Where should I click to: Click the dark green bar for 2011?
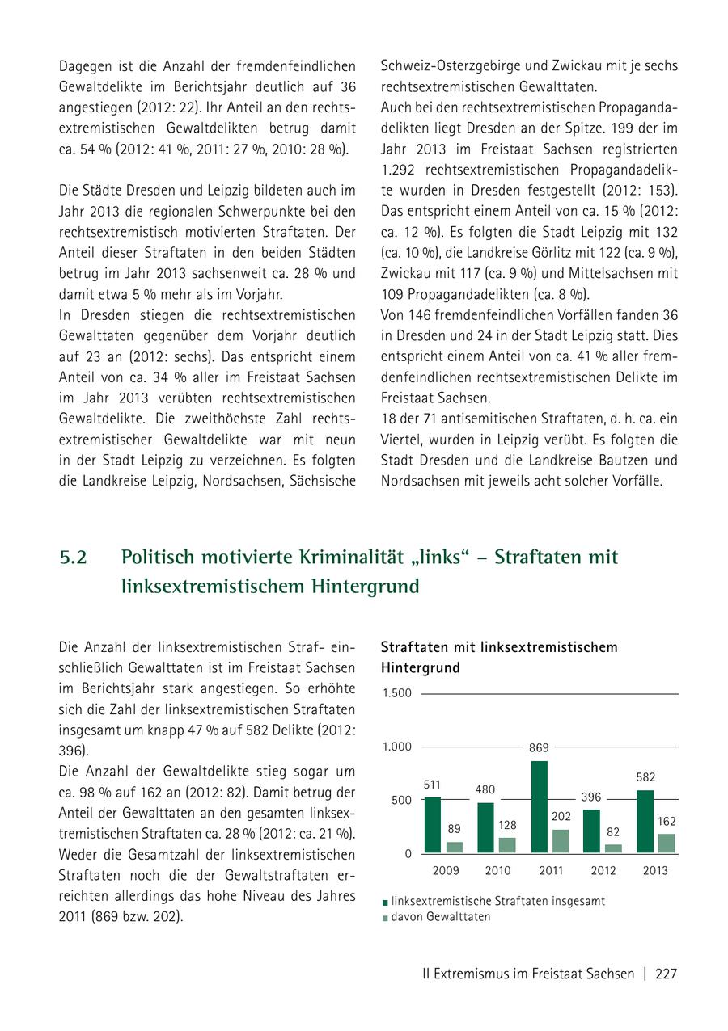(539, 806)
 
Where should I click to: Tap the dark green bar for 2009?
(433, 825)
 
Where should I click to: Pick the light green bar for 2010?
(506, 844)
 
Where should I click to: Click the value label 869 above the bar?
(539, 748)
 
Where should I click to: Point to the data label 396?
(591, 797)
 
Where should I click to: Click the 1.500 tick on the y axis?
(396, 693)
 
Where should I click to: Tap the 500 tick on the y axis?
(401, 800)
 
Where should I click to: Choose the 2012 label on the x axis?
(603, 870)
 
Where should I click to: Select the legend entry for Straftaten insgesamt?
(497, 900)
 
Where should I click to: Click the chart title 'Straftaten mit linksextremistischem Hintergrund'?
(499, 657)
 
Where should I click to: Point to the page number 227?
(666, 974)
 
